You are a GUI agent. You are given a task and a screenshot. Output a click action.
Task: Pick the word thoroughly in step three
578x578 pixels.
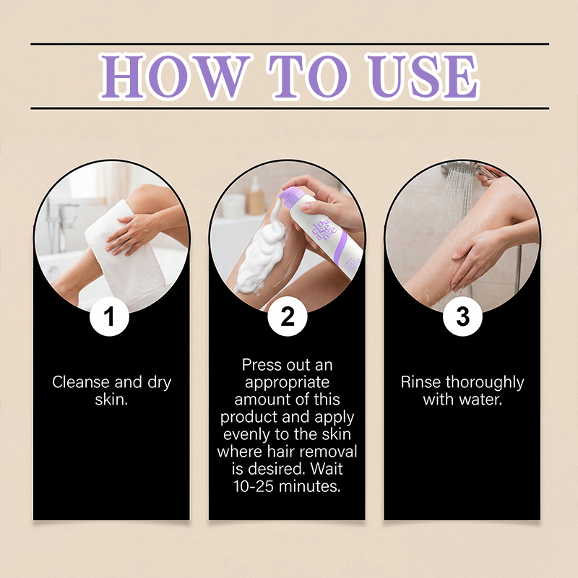(x=485, y=382)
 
